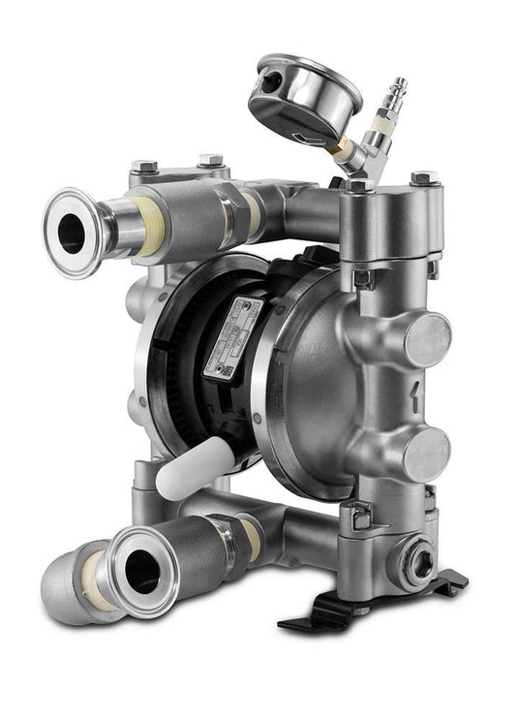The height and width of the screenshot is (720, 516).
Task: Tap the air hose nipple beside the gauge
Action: point(395,96)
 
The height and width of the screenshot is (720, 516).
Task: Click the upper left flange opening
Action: point(74,233)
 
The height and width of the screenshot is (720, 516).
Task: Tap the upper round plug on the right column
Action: point(426,339)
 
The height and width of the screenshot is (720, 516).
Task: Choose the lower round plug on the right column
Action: point(426,452)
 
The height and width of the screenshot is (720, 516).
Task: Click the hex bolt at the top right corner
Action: point(424,180)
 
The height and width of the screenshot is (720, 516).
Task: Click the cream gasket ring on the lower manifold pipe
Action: point(249,537)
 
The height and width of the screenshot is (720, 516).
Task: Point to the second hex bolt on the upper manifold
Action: point(210,161)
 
